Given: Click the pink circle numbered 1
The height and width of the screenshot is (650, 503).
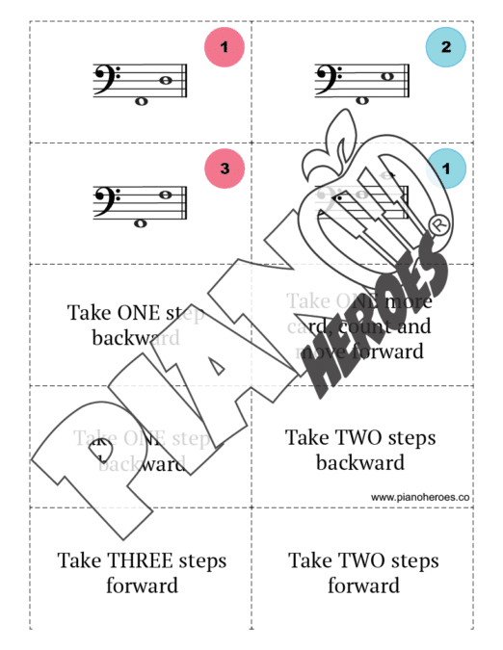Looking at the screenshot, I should pyautogui.click(x=225, y=46).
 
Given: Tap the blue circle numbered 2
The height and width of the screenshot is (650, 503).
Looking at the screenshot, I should pyautogui.click(x=446, y=46).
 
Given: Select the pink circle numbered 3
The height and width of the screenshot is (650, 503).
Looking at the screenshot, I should pyautogui.click(x=225, y=169).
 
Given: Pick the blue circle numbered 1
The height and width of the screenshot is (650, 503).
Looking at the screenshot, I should pyautogui.click(x=446, y=169).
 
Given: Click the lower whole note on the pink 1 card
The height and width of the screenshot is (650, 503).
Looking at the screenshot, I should pyautogui.click(x=142, y=100).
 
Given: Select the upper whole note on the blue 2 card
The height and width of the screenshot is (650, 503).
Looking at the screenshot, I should pyautogui.click(x=387, y=76).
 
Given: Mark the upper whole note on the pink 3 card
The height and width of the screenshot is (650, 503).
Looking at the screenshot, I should pyautogui.click(x=166, y=195).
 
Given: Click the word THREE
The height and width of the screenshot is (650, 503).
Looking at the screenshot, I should pyautogui.click(x=141, y=560).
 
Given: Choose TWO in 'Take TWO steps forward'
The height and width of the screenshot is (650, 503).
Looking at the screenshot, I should pyautogui.click(x=361, y=560).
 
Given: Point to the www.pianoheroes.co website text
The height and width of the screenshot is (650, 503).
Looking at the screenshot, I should pyautogui.click(x=420, y=497).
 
